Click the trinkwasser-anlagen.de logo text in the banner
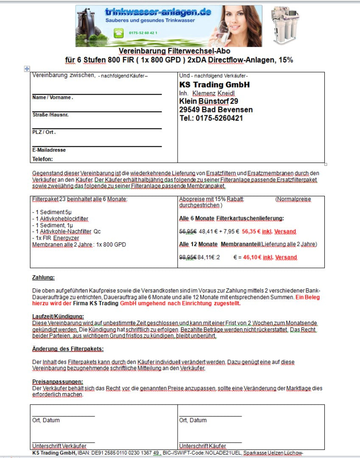[x=158, y=12]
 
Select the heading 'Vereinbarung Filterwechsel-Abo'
[x=174, y=51]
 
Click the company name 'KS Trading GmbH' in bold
[x=215, y=85]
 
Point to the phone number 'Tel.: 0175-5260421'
[x=211, y=118]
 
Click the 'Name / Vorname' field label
[x=53, y=98]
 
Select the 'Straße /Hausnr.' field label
[x=50, y=115]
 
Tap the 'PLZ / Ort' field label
[x=44, y=132]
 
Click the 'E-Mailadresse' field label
[x=49, y=150]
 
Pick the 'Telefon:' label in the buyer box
[x=43, y=159]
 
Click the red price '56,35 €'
[x=251, y=232]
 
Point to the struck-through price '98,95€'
[x=188, y=257]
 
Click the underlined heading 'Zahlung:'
[x=43, y=278]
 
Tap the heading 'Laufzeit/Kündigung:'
[x=58, y=316]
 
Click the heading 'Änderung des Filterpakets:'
[x=68, y=349]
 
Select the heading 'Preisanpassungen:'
[x=58, y=382]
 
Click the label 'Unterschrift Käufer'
[x=202, y=446]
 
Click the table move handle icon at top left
[x=27, y=68]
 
